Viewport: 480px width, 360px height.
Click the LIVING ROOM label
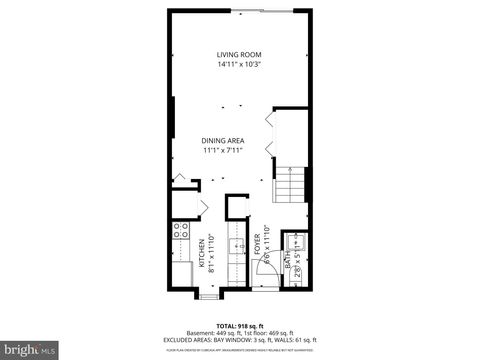(239, 54)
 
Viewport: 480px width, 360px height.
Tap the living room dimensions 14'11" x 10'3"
(239, 64)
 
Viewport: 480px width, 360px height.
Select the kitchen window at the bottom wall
(209, 295)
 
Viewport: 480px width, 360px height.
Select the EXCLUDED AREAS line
(239, 343)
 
